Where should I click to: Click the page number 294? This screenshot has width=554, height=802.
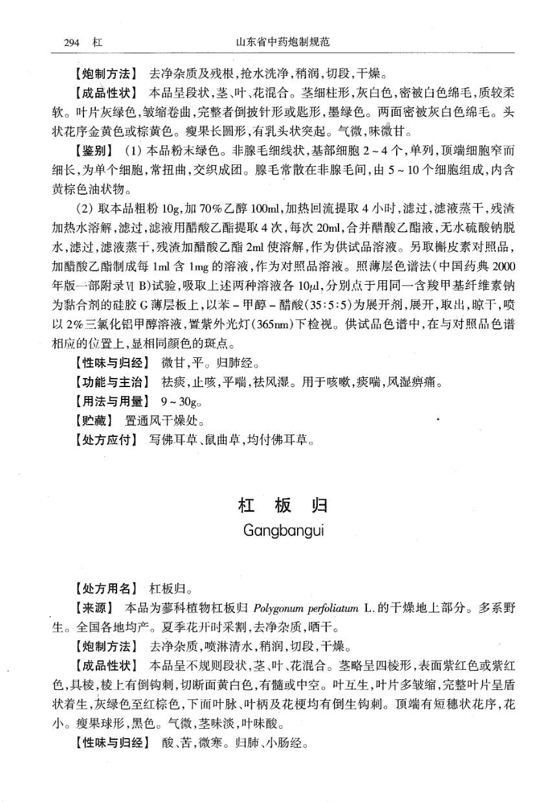click(71, 43)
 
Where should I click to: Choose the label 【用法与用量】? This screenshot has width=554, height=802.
click(111, 401)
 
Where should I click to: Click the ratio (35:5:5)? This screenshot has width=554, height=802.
click(324, 304)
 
